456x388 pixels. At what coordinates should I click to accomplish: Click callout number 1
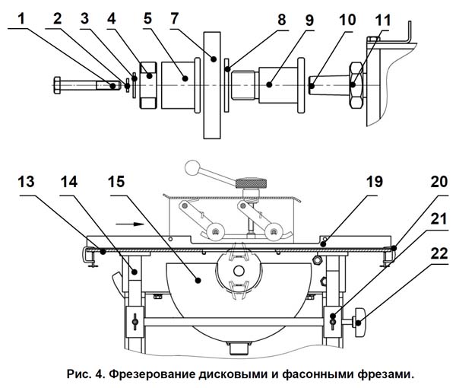(21, 20)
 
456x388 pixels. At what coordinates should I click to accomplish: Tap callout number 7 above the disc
(174, 18)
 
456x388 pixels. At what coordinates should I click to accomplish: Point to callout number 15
(116, 182)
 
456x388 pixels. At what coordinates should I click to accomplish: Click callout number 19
(375, 182)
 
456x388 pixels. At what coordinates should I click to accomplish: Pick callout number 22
(439, 253)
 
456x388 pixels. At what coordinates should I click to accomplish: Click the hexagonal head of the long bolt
(57, 85)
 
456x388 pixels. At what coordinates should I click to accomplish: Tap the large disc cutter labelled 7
(212, 85)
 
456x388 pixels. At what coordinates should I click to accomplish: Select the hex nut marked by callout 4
(149, 85)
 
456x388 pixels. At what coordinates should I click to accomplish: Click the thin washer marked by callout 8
(226, 85)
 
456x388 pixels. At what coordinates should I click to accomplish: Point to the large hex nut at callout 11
(356, 85)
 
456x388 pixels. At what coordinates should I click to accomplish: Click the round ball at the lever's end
(192, 167)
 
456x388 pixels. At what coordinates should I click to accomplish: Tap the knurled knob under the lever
(251, 183)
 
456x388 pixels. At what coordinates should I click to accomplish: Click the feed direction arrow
(130, 224)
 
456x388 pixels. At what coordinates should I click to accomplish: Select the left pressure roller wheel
(215, 232)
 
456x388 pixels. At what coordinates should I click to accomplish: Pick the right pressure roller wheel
(273, 232)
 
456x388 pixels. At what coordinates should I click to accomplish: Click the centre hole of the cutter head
(239, 271)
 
